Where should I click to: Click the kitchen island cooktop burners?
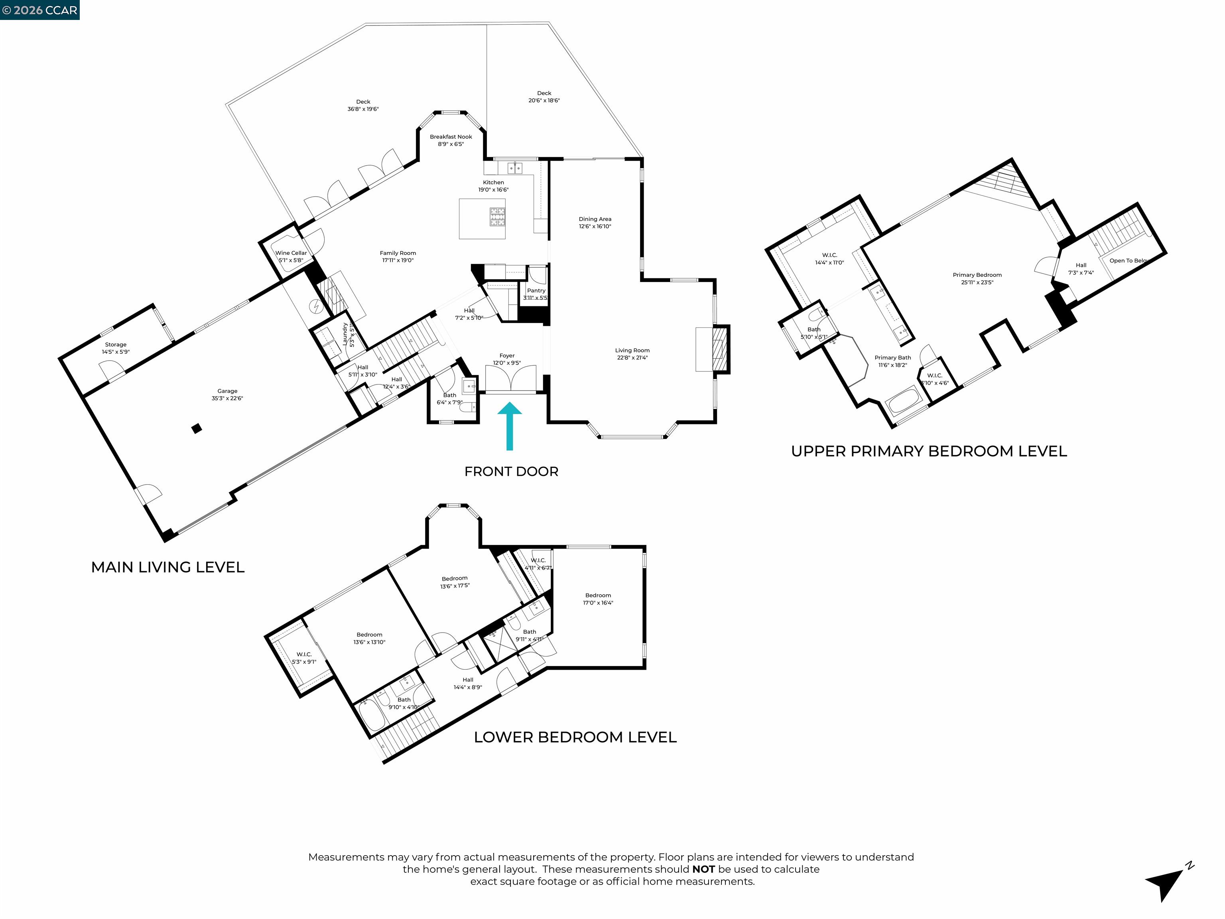(497, 217)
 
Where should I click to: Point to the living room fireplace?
(720, 349)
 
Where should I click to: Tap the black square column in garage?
(196, 428)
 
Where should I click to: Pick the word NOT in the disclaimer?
(703, 869)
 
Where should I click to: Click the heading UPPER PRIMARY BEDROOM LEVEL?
(929, 452)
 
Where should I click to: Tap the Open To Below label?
(1128, 260)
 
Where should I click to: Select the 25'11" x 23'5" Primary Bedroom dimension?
(977, 282)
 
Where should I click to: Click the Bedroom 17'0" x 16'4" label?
(598, 599)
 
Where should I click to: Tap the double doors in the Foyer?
(510, 379)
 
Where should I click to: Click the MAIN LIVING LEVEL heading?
(168, 567)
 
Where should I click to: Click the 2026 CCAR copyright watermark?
(39, 10)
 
